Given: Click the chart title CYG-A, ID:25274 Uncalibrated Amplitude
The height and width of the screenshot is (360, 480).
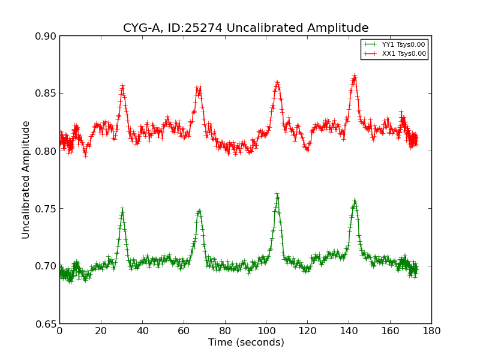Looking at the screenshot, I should pyautogui.click(x=245, y=28).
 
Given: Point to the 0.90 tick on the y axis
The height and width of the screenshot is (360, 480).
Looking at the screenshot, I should pyautogui.click(x=46, y=36).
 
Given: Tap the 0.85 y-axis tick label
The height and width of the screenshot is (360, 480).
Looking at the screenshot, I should pyautogui.click(x=46, y=94).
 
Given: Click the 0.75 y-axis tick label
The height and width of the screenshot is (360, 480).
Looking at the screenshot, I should pyautogui.click(x=46, y=209).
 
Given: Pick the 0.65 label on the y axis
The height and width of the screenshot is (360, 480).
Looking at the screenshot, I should pyautogui.click(x=46, y=324).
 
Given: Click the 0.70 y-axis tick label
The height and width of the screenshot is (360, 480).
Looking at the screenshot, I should pyautogui.click(x=46, y=266).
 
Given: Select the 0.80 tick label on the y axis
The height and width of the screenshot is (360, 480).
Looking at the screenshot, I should pyautogui.click(x=46, y=151).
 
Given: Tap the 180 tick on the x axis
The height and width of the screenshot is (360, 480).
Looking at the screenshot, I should pyautogui.click(x=431, y=331).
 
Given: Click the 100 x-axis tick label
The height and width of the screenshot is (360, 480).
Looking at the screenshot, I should pyautogui.click(x=266, y=331).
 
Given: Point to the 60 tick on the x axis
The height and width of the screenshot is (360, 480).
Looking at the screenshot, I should pyautogui.click(x=184, y=331).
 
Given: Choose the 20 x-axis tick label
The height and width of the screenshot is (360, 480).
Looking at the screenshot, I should pyautogui.click(x=101, y=331).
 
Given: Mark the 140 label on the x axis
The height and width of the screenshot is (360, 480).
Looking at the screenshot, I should pyautogui.click(x=349, y=331).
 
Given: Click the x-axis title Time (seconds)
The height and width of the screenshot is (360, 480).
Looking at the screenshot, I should pyautogui.click(x=246, y=343).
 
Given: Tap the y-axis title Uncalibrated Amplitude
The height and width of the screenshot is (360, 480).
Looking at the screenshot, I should pyautogui.click(x=26, y=179).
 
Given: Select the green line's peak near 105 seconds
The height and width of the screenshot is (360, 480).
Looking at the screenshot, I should pyautogui.click(x=277, y=195).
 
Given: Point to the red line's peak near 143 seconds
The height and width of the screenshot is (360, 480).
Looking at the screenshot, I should pyautogui.click(x=355, y=77).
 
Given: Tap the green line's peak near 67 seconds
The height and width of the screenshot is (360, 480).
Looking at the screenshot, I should pyautogui.click(x=199, y=211).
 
